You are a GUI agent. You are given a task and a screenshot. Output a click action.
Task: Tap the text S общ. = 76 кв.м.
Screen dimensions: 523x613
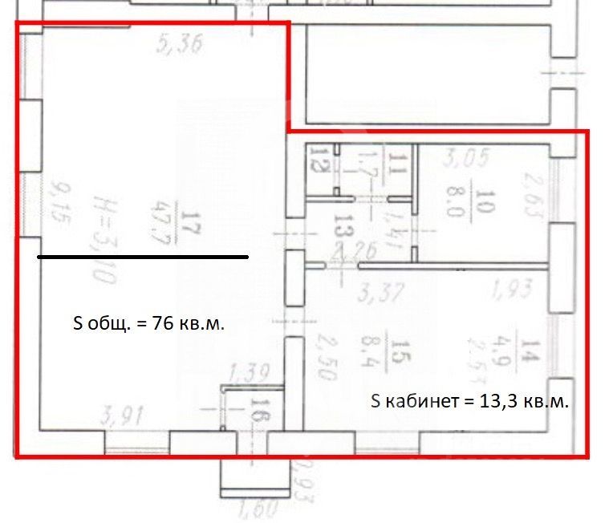[x=148, y=325]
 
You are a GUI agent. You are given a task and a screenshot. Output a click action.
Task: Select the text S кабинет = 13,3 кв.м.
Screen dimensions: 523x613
[x=470, y=402]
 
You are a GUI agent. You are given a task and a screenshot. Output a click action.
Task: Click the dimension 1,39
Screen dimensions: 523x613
[x=247, y=373]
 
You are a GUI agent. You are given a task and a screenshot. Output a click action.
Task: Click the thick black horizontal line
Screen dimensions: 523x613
[x=143, y=257]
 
